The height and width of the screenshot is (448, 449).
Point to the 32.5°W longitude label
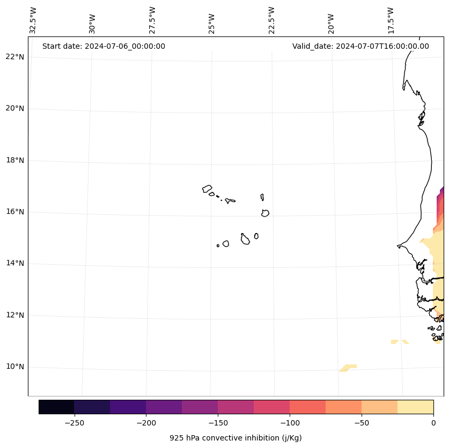click(x=33, y=20)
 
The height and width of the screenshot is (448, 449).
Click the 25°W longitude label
click(x=212, y=23)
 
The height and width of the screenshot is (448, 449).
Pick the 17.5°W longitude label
click(x=391, y=20)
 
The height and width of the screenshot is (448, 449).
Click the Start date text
click(x=104, y=46)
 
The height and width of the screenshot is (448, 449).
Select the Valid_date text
click(x=360, y=46)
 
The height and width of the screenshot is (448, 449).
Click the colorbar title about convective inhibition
click(x=235, y=438)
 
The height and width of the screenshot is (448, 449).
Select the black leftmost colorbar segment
click(x=56, y=407)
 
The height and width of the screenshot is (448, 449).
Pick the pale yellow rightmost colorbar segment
click(x=415, y=407)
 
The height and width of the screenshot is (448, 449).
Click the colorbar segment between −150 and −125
click(x=235, y=407)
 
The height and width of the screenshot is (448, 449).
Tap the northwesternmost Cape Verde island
click(x=207, y=189)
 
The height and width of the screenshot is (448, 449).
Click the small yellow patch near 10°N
click(x=348, y=368)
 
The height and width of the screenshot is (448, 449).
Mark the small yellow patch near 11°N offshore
click(x=399, y=341)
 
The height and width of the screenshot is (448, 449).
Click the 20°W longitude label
click(x=331, y=23)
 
